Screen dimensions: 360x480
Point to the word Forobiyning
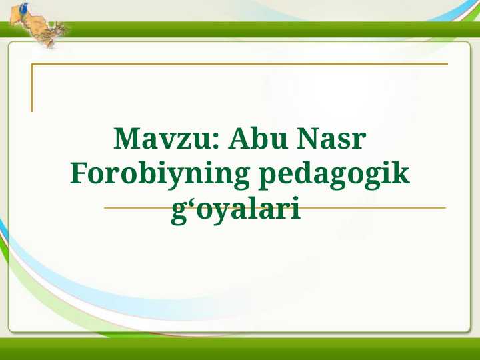click(x=159, y=175)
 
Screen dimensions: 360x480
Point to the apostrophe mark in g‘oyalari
click(x=187, y=202)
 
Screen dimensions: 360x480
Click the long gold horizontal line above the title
click(x=240, y=64)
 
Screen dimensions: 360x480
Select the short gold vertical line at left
click(x=32, y=87)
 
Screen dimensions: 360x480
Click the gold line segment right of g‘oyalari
click(x=373, y=208)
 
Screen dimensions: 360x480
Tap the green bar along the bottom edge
click(x=240, y=349)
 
